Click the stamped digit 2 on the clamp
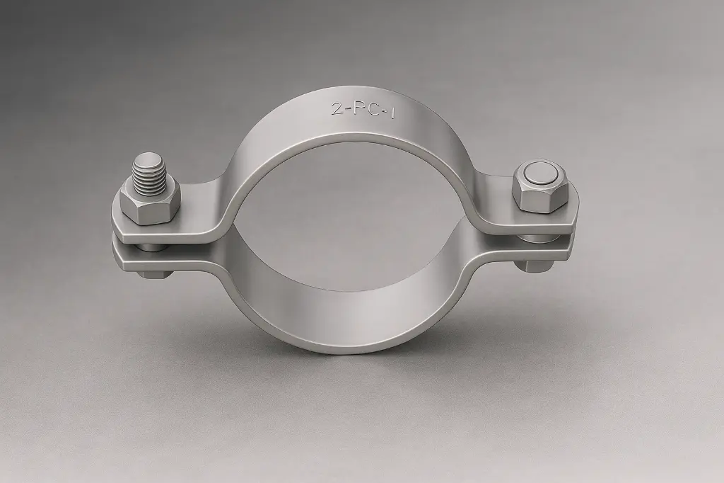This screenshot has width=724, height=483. coord(337,109)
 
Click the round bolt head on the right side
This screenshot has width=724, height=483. coord(542,174)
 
